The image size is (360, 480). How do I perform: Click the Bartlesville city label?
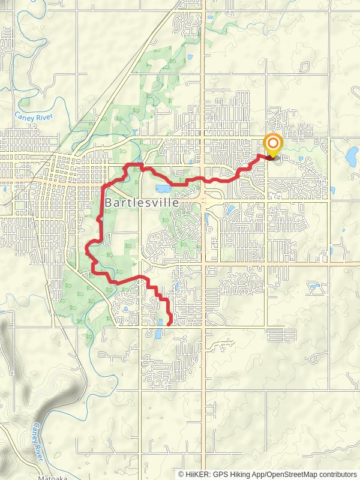click(142, 203)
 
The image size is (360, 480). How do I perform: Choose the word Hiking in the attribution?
click(243, 474)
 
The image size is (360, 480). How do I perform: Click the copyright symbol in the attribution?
click(182, 474)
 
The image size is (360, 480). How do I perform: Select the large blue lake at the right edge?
click(352, 156)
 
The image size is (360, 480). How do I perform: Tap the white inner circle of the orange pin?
click(273, 143)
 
